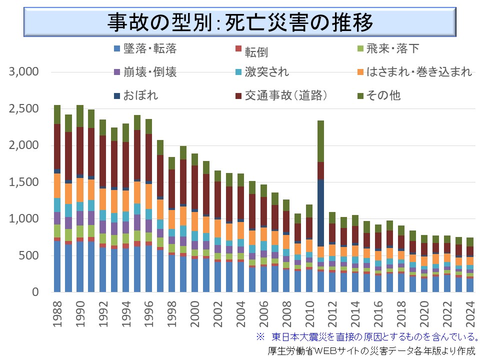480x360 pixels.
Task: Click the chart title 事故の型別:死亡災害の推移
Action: (240, 21)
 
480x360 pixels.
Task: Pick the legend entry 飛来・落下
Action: (392, 48)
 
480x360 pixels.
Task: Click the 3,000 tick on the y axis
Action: (24, 72)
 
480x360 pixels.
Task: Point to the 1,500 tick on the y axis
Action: (24, 182)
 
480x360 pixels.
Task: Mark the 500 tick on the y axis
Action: (30, 255)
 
